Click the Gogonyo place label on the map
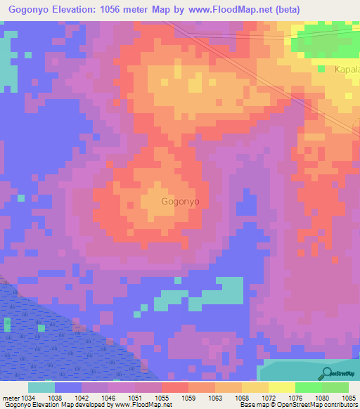pyautogui.click(x=181, y=201)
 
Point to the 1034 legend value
pyautogui.click(x=28, y=397)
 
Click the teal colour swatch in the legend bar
pyautogui.click(x=41, y=387)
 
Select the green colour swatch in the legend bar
pyautogui.click(x=309, y=387)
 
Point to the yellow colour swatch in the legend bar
pyautogui.click(x=282, y=387)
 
